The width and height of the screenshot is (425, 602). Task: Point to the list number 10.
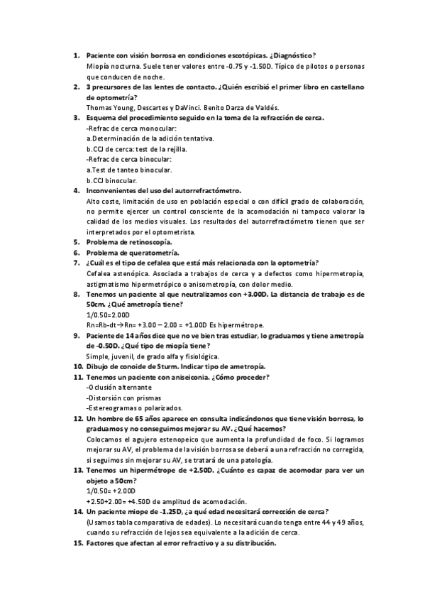tap(78, 366)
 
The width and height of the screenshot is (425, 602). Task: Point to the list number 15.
tap(78, 542)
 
